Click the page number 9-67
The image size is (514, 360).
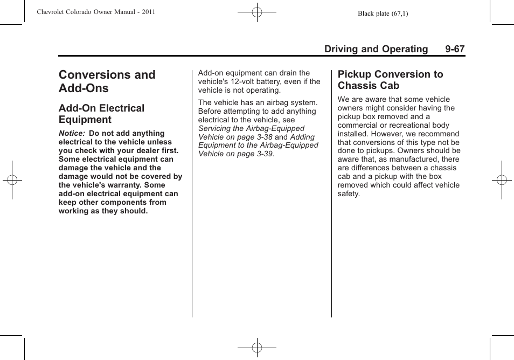455,49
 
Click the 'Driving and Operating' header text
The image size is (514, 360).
376,49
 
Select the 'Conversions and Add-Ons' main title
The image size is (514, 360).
107,81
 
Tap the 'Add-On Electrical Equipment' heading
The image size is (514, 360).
101,114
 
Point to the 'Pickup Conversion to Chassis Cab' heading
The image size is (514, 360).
390,80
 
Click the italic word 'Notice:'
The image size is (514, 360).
72,134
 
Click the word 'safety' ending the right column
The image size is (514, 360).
348,193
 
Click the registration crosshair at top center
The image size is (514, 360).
257,12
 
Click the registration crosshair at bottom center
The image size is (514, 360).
257,348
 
